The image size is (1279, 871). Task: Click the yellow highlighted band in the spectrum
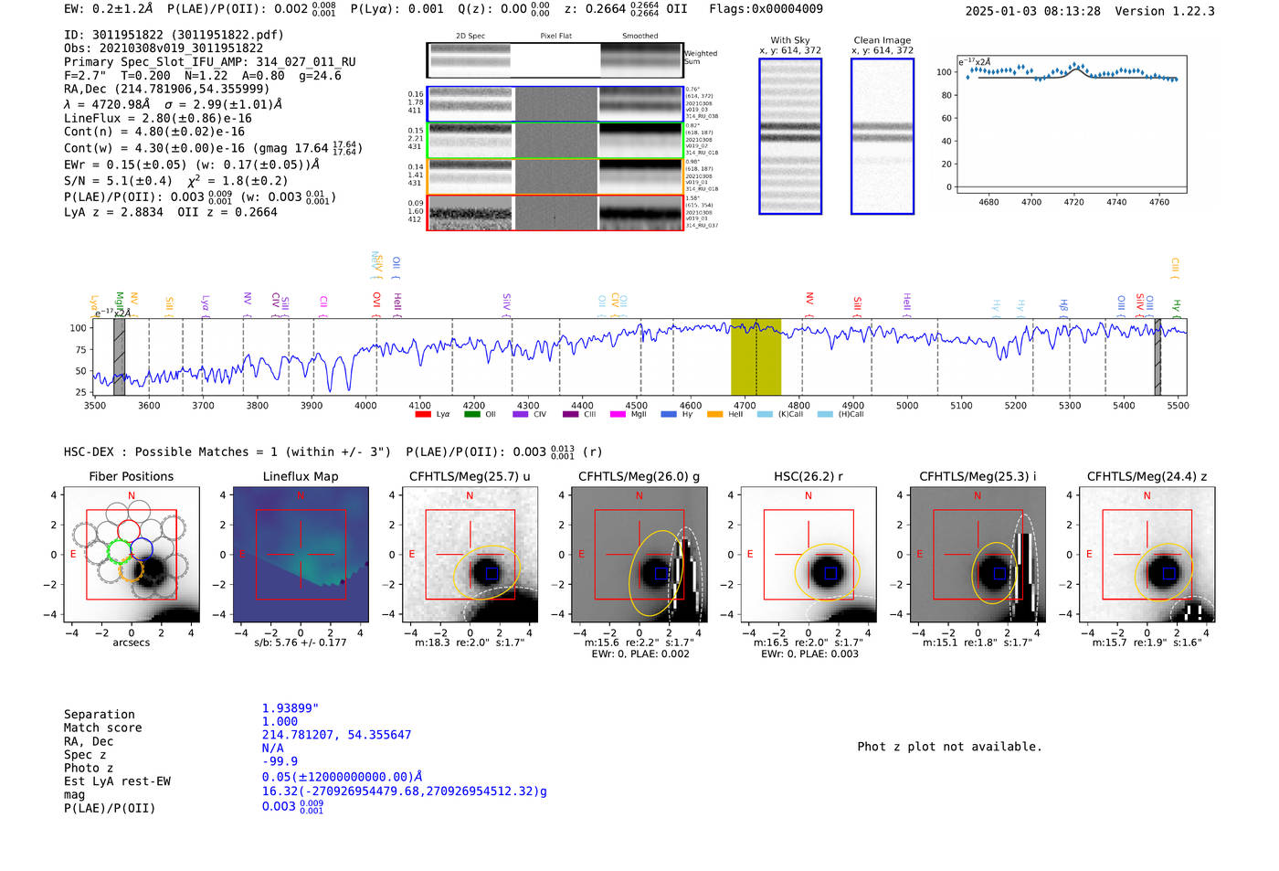coord(756,356)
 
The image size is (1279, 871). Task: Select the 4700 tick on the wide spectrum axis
coord(745,406)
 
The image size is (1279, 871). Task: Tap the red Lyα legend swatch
coord(423,415)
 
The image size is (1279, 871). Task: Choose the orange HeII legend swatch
coord(714,415)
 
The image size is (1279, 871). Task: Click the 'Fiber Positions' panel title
coord(131,476)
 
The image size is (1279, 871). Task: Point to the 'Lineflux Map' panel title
coord(300,476)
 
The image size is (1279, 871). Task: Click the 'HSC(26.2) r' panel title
coord(808,476)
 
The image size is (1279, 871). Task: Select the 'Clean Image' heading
coord(882,40)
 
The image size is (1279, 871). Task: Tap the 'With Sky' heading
coord(789,40)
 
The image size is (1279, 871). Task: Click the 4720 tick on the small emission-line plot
coord(1073,202)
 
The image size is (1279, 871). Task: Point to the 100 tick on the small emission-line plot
coord(944,72)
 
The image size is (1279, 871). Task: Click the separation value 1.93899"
coord(291,708)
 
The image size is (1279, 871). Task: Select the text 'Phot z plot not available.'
coord(949,747)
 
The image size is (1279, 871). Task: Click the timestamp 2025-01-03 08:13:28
coord(1032,11)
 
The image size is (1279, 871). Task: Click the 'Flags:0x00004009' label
coord(766,9)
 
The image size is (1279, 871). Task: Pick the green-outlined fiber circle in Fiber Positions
coord(120,550)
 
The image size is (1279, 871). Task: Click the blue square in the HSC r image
coord(830,573)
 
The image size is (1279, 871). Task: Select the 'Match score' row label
coord(102,728)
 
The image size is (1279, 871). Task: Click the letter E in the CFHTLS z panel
coord(1089,555)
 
